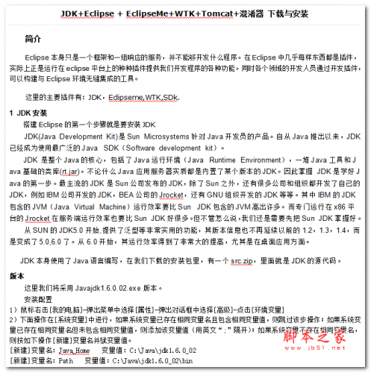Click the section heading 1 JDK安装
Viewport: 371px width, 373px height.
[x=28, y=113]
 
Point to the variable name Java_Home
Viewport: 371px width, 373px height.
[x=76, y=349]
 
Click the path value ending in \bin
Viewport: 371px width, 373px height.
[x=156, y=360]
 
